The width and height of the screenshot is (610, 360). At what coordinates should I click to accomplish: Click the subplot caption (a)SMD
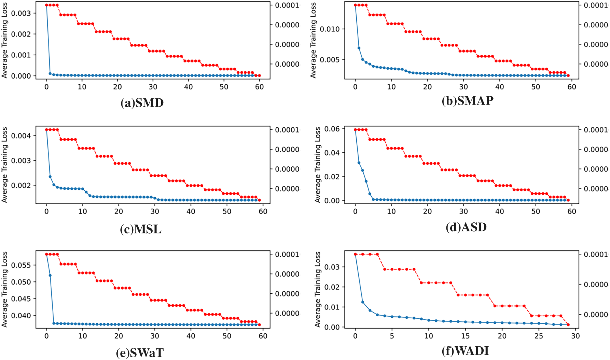[142, 103]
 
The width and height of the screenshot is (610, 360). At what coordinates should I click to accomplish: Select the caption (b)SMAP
[467, 101]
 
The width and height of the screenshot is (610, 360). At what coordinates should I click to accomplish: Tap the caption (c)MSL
[141, 229]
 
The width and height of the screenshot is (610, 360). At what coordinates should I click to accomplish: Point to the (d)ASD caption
[466, 227]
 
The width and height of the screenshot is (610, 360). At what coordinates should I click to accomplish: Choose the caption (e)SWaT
[140, 353]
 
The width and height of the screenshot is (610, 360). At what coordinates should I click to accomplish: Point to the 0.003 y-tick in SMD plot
[21, 13]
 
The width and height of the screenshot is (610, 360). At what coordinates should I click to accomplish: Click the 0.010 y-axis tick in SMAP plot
[330, 29]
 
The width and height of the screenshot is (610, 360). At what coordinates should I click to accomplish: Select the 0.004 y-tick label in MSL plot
[21, 136]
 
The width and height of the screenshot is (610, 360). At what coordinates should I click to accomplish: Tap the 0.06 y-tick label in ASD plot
[332, 129]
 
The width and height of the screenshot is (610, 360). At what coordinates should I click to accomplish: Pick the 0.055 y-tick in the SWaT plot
[21, 265]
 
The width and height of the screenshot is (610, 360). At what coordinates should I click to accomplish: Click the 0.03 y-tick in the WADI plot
[332, 267]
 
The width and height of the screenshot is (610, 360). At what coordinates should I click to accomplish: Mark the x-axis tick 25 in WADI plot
[539, 336]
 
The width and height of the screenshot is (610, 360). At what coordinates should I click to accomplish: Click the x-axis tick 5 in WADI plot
[392, 336]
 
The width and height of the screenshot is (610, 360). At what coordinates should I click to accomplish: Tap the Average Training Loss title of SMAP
[313, 40]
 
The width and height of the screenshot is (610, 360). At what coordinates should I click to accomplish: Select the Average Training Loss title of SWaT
[4, 289]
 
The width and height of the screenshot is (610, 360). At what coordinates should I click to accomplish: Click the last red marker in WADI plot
[568, 325]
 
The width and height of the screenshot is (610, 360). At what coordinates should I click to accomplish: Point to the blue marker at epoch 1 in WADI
[363, 302]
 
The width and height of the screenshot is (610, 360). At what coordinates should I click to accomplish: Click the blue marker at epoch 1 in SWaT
[50, 275]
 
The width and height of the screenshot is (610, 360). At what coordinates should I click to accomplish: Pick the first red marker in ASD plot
[355, 130]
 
